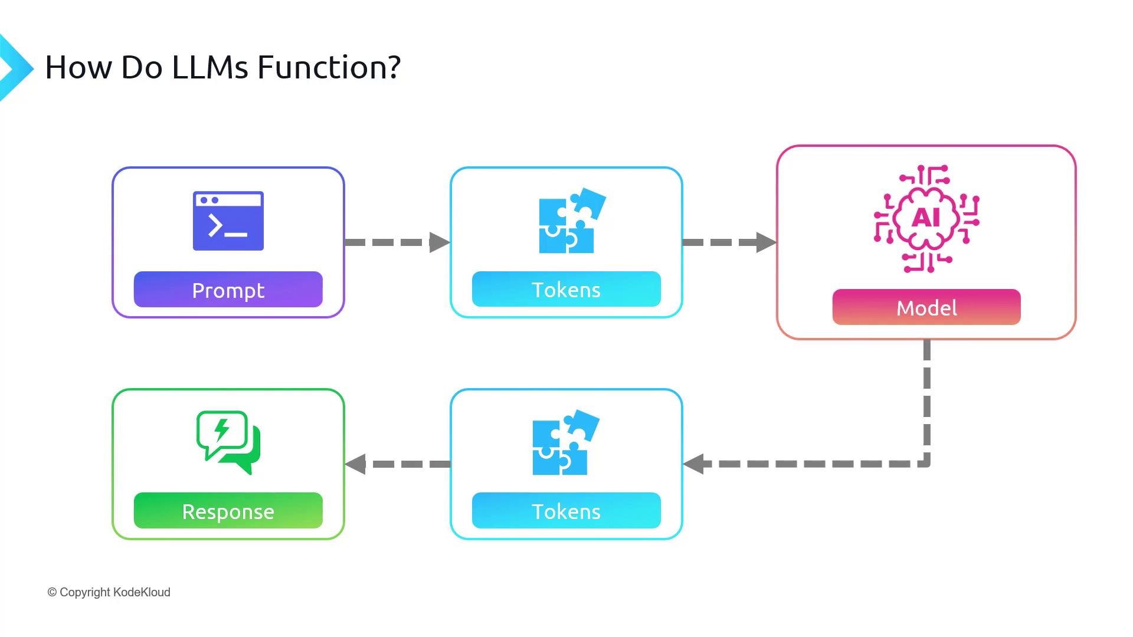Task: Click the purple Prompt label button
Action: (x=228, y=289)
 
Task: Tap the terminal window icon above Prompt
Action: (x=228, y=221)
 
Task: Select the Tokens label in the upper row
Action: (x=566, y=289)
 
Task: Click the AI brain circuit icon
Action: (x=926, y=219)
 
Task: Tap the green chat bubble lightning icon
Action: (x=228, y=442)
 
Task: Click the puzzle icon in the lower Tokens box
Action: (x=566, y=442)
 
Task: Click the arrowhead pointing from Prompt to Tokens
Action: (x=440, y=242)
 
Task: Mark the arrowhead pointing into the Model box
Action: (x=766, y=242)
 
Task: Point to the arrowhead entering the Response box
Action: (x=355, y=464)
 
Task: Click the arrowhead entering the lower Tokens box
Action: (x=693, y=464)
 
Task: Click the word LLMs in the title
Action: (x=210, y=67)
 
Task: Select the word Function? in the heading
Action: (x=329, y=67)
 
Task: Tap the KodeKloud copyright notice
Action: (x=109, y=592)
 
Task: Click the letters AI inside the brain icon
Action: (x=926, y=218)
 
